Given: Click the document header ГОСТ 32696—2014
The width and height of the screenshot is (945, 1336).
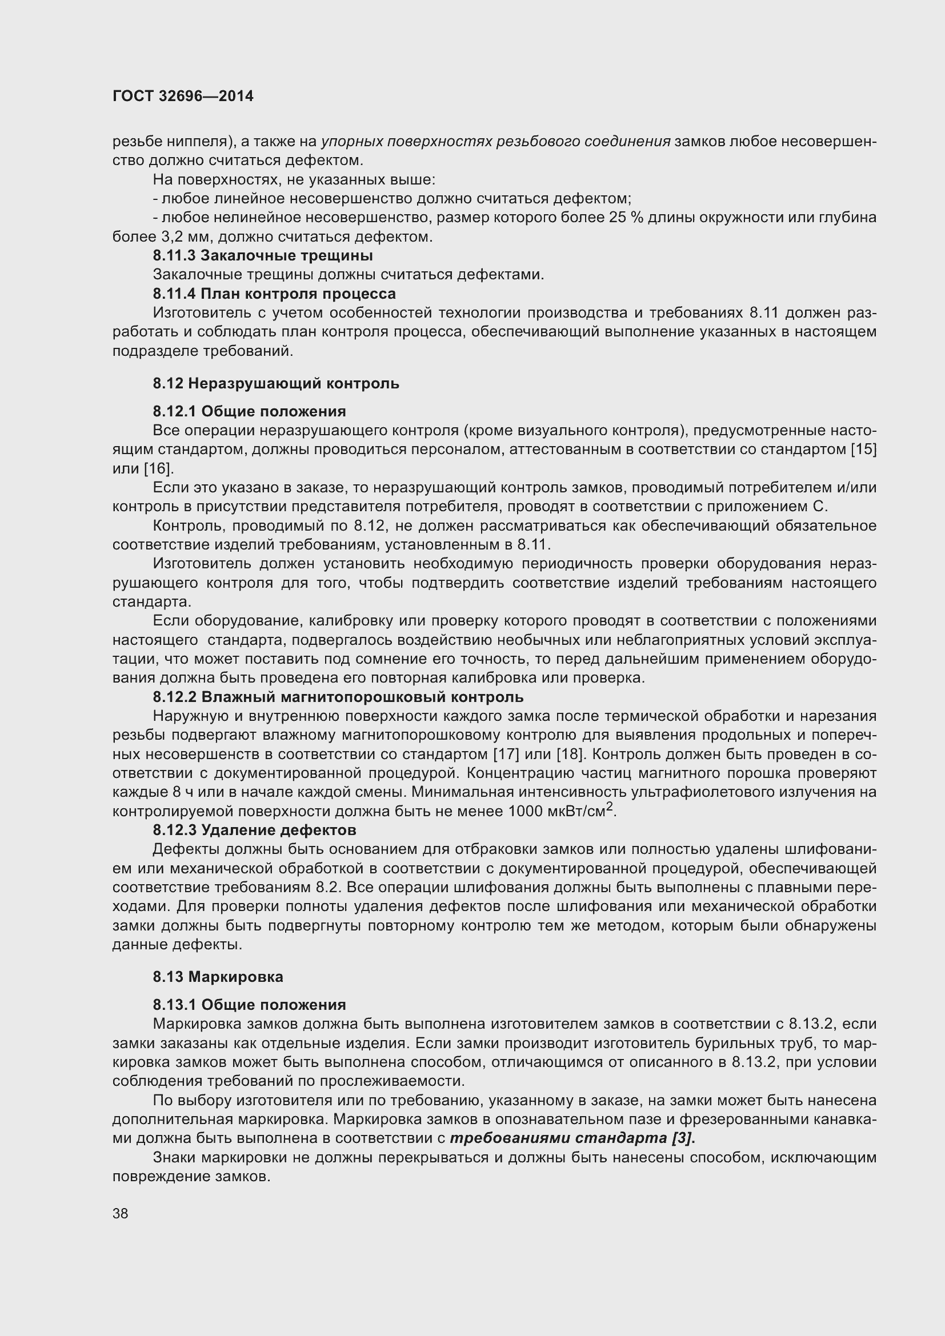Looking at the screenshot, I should point(183,97).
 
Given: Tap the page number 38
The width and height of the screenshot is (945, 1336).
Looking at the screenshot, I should point(121,1213).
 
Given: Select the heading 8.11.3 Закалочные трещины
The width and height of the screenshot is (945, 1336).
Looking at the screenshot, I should point(262,255).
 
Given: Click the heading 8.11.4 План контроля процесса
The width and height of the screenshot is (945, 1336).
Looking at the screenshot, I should point(274,293).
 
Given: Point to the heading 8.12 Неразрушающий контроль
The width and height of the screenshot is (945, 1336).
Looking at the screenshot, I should point(276,383).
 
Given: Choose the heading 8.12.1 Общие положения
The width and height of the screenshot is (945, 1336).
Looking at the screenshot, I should point(249,411).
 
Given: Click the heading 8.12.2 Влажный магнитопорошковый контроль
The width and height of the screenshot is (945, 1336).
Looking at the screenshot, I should point(338,696).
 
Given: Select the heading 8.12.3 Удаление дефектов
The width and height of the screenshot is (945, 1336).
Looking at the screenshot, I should point(254,830).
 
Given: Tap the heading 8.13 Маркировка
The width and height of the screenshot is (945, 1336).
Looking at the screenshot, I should point(218,977).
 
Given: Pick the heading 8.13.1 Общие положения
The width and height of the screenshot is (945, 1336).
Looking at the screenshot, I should point(249,1005).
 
